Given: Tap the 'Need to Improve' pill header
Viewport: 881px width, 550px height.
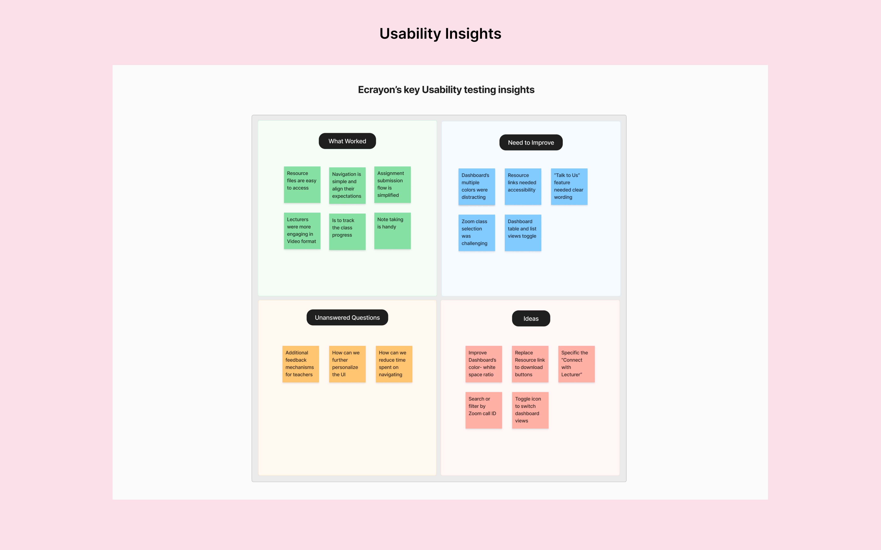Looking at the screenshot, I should coord(531,143).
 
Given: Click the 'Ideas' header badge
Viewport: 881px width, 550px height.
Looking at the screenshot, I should coord(531,319).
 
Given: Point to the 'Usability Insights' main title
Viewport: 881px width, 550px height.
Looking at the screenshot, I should coord(440,34).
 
